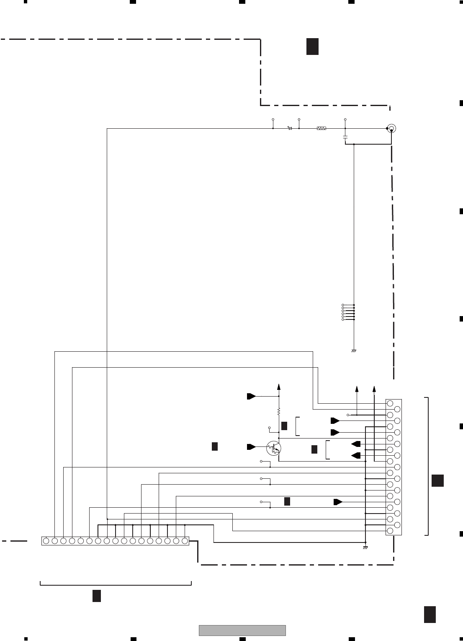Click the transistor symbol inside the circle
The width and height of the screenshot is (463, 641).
click(274, 448)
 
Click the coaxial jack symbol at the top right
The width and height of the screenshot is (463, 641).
click(391, 128)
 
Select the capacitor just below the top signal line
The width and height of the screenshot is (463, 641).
click(345, 137)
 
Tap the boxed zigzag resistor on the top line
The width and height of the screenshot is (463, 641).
click(322, 128)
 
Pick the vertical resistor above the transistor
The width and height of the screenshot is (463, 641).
click(279, 413)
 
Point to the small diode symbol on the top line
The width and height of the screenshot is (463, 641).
click(290, 128)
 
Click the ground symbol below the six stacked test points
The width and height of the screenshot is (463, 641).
click(354, 350)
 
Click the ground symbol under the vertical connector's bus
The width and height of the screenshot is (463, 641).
click(365, 548)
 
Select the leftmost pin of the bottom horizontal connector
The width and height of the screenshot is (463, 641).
click(46, 541)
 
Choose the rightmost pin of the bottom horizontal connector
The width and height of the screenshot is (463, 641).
click(185, 541)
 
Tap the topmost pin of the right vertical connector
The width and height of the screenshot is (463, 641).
click(390, 403)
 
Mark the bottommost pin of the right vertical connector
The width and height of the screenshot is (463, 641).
click(390, 531)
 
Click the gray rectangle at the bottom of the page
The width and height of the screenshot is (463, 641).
click(242, 630)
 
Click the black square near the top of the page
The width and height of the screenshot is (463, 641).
click(312, 46)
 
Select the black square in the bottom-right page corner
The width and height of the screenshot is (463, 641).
click(430, 614)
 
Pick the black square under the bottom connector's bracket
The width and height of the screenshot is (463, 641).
click(96, 596)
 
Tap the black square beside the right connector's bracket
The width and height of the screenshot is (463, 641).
click(437, 480)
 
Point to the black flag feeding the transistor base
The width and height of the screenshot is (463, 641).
click(251, 447)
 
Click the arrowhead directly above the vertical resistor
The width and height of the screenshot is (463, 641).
click(279, 387)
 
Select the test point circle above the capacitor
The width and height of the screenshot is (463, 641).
click(345, 119)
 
